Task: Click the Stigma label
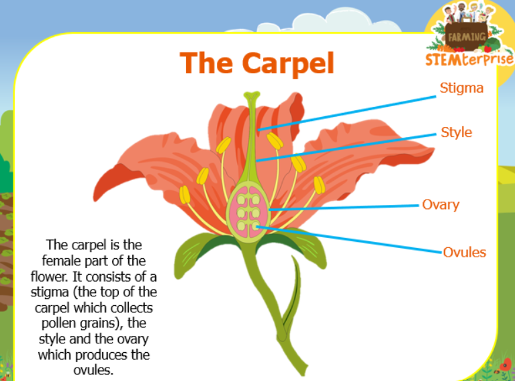tap(461, 89)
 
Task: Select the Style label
tap(456, 132)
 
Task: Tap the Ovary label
tap(440, 205)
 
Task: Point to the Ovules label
tap(465, 252)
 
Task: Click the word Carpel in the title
tap(288, 63)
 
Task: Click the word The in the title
tap(207, 62)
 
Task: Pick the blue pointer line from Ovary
tap(344, 208)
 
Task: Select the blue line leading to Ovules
tap(349, 240)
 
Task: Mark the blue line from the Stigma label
tap(347, 114)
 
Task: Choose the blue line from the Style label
tap(346, 148)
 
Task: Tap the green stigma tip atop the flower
tap(252, 95)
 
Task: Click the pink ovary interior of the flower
tap(249, 212)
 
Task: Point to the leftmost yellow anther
tap(185, 195)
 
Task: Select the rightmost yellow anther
tap(319, 185)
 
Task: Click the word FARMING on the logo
tap(467, 37)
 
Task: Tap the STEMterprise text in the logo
tap(469, 58)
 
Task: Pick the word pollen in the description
tap(60, 324)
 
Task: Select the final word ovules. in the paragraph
tap(93, 370)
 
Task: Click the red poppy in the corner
tap(506, 365)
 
